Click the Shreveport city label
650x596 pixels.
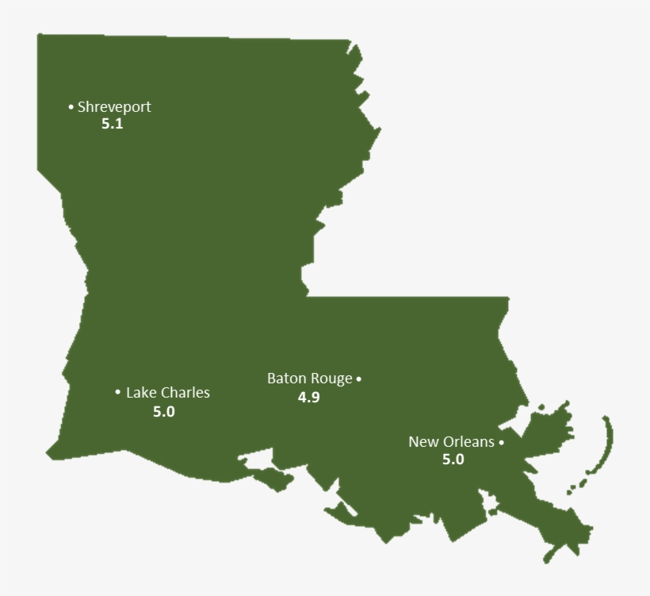pos(114,106)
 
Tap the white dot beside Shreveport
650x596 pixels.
pos(71,106)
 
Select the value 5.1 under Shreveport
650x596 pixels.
pos(113,124)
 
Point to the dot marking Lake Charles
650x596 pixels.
pos(117,392)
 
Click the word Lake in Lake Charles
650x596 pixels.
pos(141,392)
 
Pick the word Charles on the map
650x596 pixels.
pos(185,392)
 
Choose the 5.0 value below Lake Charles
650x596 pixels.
pos(164,411)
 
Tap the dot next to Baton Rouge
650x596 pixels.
pos(358,379)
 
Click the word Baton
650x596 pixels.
pos(285,379)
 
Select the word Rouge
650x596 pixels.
pos(331,379)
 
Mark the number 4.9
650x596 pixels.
pos(308,397)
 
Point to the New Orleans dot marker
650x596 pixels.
pos(501,443)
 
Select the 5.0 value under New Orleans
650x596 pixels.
pos(453,459)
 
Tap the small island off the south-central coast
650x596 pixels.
pos(271,479)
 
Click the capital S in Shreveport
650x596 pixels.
pos(82,106)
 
